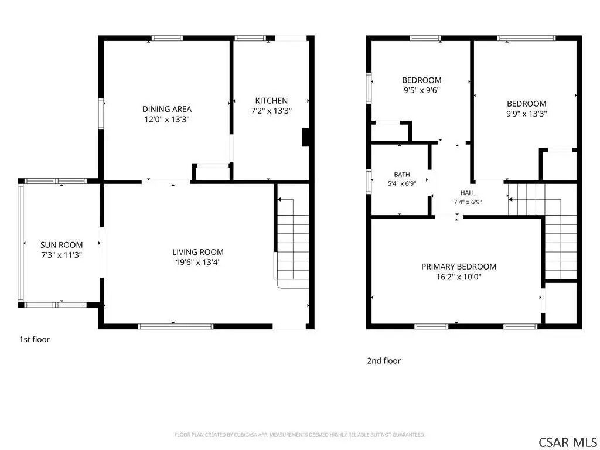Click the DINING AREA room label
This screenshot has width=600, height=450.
167,109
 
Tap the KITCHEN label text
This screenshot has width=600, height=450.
271,101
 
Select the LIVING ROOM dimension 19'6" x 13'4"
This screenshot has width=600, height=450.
198,262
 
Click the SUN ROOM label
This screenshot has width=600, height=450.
62,245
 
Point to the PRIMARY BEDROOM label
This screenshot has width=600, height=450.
459,267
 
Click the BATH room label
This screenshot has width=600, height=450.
402,175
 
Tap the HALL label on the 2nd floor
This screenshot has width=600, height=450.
468,193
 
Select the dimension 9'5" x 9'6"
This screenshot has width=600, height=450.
422,90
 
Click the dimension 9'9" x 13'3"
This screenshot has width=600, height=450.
527,114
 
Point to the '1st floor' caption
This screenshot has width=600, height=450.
35,339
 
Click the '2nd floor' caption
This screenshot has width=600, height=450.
384,361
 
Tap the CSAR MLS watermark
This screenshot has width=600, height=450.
567,442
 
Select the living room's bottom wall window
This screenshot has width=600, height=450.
176,326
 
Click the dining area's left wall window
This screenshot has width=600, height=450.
101,114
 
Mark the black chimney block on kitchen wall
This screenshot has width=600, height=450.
305,137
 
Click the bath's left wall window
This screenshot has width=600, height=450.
369,181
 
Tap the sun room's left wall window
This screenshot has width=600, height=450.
21,243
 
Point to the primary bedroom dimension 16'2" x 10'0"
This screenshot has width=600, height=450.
459,277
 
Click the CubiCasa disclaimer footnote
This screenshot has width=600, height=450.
299,435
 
